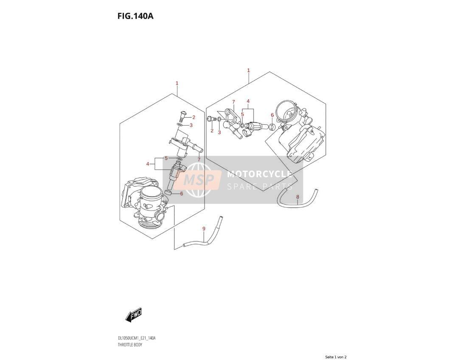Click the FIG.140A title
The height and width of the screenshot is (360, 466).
135,16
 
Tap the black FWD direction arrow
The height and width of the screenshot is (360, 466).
133,314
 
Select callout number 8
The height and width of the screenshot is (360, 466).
298,197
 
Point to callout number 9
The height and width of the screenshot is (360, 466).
204,228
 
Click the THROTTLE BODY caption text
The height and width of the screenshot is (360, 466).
130,345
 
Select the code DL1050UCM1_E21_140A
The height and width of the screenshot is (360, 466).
137,338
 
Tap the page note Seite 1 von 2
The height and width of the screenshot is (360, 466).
336,357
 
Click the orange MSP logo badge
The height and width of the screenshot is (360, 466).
198,180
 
